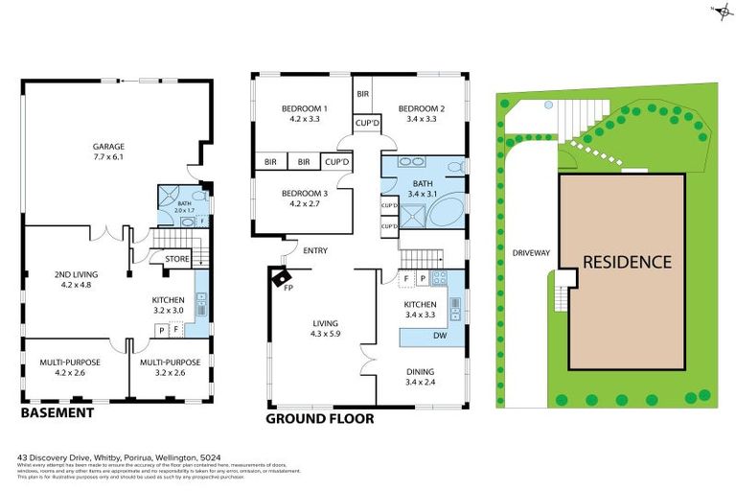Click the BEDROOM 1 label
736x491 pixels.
tap(305, 108)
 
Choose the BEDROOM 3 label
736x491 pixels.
tap(305, 194)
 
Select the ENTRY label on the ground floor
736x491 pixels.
tap(314, 251)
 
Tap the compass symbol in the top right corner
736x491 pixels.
tap(720, 11)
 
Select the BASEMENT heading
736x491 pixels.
tap(57, 412)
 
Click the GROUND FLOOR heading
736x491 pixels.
tap(319, 418)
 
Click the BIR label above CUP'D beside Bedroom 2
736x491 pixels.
tap(362, 94)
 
